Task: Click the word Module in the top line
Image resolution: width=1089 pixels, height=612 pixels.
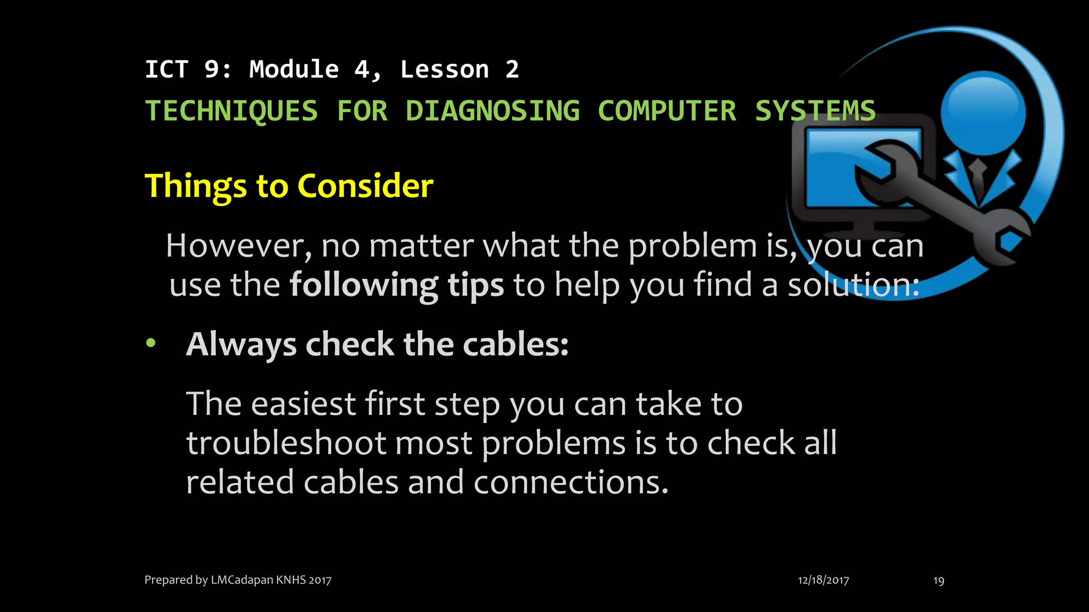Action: point(294,70)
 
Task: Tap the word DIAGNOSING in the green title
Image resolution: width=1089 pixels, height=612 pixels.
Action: point(492,112)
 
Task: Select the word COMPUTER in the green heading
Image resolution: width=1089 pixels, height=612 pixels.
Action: point(667,112)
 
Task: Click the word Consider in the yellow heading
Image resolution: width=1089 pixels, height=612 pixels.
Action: point(365,186)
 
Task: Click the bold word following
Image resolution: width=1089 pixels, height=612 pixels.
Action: point(364,285)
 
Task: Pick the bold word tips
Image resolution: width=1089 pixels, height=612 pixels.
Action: point(475,285)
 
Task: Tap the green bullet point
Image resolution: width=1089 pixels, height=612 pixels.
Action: point(151,343)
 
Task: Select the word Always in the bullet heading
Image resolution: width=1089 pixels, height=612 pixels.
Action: point(241,345)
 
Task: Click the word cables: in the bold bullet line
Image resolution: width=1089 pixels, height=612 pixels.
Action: point(515,344)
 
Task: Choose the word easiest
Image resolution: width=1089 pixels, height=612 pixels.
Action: point(303,404)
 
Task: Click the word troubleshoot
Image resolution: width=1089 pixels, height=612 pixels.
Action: point(286,443)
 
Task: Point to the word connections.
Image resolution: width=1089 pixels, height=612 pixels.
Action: point(570,482)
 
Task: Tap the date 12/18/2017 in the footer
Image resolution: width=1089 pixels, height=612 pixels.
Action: point(823,580)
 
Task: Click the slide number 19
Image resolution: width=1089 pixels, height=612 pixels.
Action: point(939,581)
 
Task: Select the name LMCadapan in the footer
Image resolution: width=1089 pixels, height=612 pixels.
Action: point(242,580)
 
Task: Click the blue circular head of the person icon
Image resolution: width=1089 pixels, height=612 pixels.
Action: point(983,113)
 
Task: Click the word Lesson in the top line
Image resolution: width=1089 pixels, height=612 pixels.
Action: point(445,70)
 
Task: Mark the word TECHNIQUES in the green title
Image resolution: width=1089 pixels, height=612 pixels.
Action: point(231,112)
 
